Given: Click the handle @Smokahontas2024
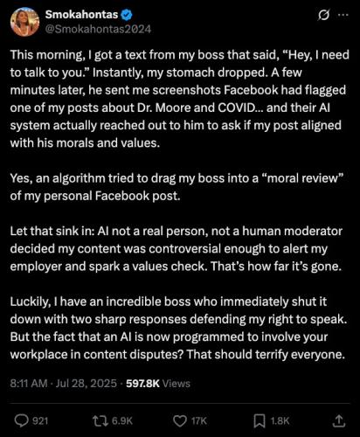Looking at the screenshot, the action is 96,31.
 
